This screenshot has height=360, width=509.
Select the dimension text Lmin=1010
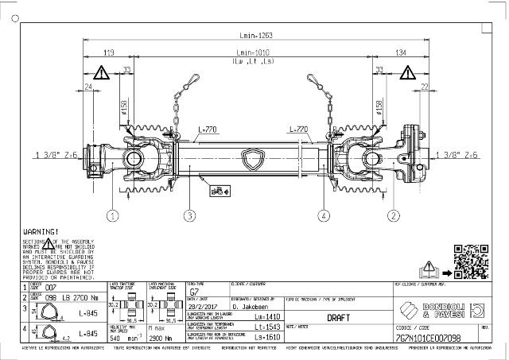(254, 52)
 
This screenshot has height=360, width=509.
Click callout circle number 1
(113, 215)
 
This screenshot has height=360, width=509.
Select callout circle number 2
(393, 215)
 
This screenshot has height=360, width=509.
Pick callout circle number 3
(189, 215)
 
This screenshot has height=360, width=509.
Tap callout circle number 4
(324, 215)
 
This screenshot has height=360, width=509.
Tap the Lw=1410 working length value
(266, 315)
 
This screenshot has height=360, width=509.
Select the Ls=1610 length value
(266, 338)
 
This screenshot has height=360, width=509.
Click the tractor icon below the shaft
(216, 190)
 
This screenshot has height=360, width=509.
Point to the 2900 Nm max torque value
(162, 338)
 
